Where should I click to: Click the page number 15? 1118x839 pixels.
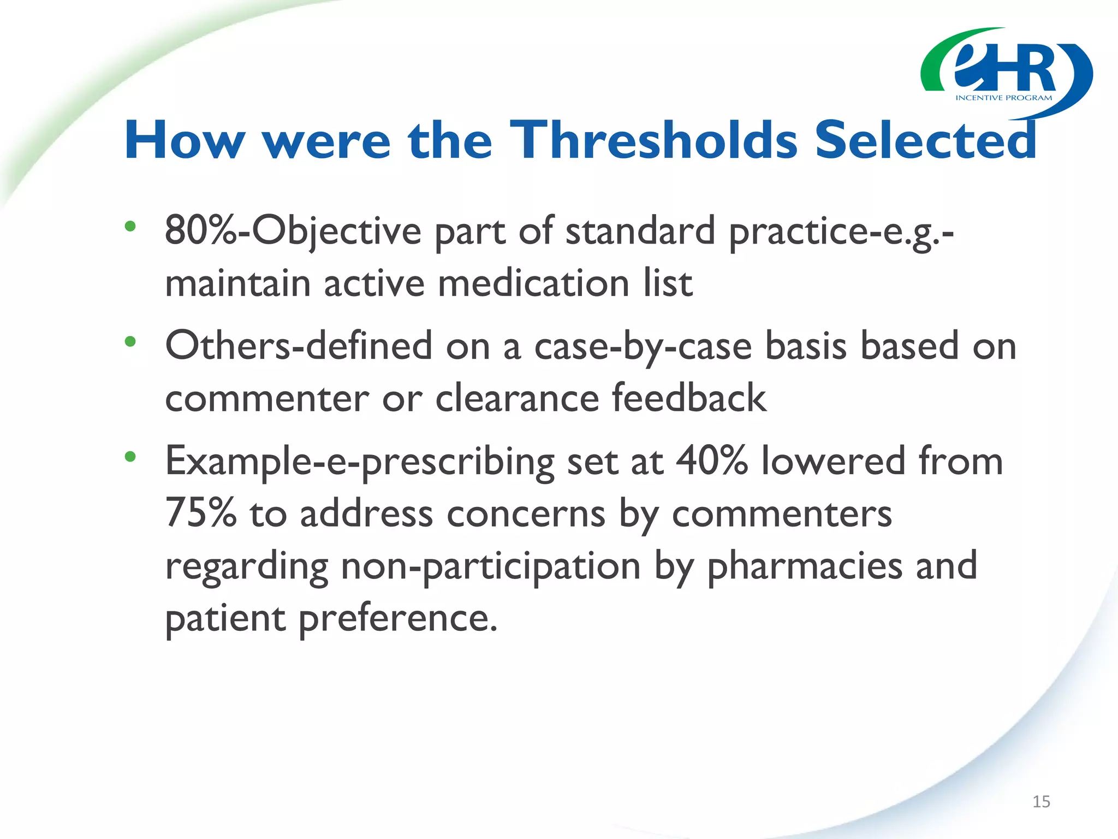(1041, 802)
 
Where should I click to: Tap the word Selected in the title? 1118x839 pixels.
(926, 140)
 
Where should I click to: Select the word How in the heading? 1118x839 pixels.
(185, 140)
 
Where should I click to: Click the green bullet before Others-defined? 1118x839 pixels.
(130, 342)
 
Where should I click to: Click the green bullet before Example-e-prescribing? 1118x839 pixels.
(130, 457)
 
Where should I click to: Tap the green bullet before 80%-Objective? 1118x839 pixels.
(130, 226)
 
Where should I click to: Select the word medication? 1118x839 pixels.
(533, 283)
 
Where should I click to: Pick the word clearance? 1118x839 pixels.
(517, 398)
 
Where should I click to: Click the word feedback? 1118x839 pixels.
(689, 398)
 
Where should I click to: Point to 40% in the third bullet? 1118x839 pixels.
(711, 461)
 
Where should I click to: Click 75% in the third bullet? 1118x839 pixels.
(200, 513)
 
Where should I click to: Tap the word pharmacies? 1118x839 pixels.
(805, 566)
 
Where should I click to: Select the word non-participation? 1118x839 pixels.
(490, 566)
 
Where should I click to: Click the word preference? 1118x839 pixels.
(398, 618)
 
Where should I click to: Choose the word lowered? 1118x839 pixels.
(833, 461)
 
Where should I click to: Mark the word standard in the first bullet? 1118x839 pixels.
(640, 231)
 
